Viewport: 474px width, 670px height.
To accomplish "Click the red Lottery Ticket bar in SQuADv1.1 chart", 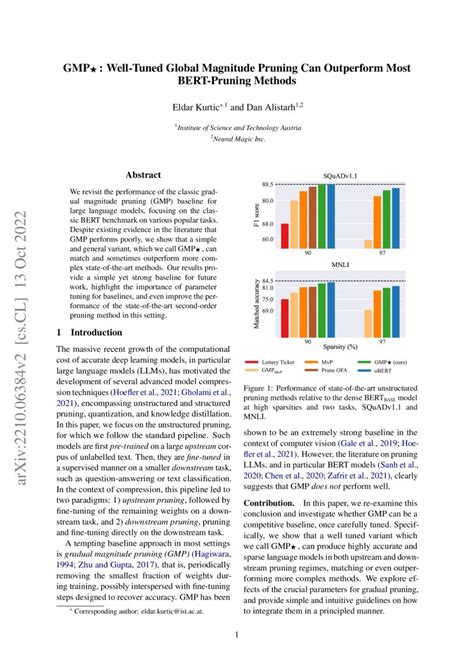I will (285, 234).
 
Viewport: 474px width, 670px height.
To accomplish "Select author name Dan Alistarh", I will (272, 101).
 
